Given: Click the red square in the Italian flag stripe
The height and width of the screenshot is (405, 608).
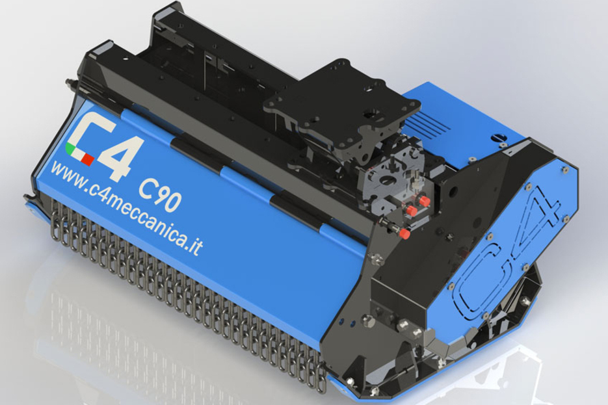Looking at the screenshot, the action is click(x=88, y=159).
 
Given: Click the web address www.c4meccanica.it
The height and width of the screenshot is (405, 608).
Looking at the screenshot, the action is click(x=127, y=209).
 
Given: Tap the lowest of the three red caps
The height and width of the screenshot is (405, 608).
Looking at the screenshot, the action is click(x=404, y=233).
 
